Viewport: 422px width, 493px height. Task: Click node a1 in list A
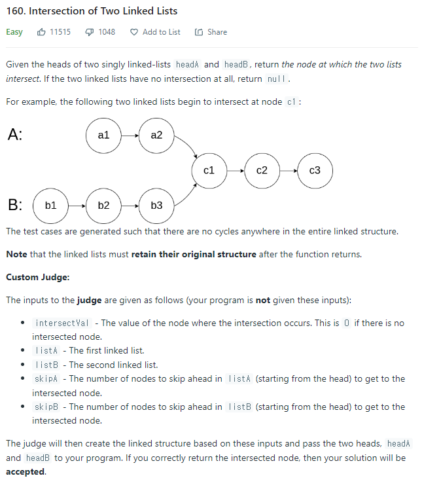point(103,135)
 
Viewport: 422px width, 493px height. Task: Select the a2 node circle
point(156,135)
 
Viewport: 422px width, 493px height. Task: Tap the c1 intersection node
point(209,170)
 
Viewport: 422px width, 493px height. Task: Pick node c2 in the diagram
point(262,170)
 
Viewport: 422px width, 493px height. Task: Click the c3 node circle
point(315,170)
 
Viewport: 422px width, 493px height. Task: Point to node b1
point(50,206)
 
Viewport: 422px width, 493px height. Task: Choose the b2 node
point(103,206)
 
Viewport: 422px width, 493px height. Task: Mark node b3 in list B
point(156,206)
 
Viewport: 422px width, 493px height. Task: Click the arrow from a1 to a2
point(130,136)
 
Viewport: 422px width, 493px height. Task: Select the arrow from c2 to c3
point(289,171)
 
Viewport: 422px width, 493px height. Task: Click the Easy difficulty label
point(14,32)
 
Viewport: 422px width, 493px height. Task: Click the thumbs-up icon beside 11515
point(42,32)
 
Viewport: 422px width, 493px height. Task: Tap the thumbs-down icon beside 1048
point(90,32)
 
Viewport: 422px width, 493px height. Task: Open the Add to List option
point(156,32)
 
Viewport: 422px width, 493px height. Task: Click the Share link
point(211,32)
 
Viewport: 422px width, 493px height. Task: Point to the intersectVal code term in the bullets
point(63,323)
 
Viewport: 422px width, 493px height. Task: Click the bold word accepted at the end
point(26,471)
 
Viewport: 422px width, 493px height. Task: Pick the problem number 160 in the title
point(14,11)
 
